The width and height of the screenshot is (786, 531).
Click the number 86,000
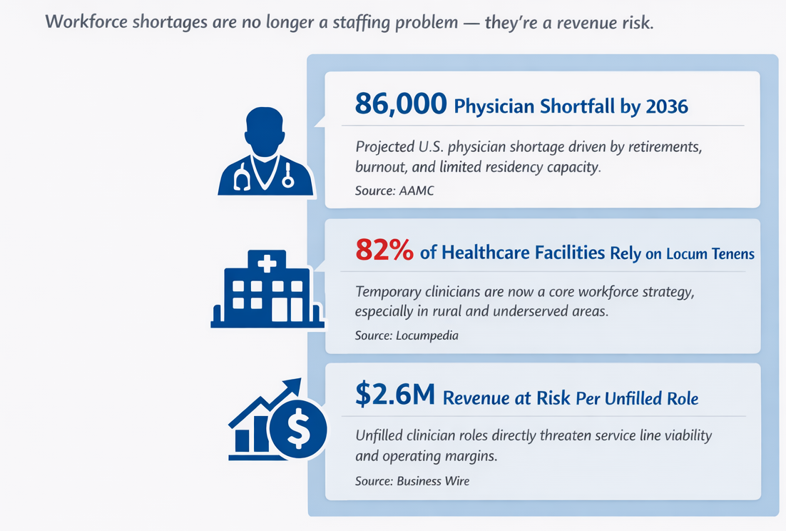click(401, 105)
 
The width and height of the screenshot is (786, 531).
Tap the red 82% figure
click(384, 251)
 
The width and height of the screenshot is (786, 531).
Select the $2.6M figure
click(394, 396)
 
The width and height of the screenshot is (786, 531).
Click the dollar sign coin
click(297, 430)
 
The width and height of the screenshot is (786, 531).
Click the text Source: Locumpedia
click(407, 335)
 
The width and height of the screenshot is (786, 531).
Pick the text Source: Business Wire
click(412, 481)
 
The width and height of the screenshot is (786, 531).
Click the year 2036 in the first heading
click(666, 107)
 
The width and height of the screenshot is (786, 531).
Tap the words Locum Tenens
click(710, 254)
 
